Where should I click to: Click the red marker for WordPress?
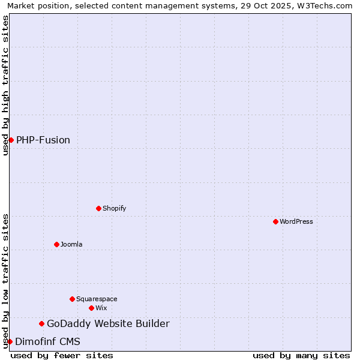point(275,221)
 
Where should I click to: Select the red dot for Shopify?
point(98,208)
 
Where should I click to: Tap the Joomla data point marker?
point(56,244)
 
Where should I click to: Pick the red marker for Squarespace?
point(72,299)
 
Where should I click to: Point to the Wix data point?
point(91,308)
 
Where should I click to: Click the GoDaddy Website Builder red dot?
point(41,324)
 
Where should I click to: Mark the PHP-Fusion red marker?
point(11,140)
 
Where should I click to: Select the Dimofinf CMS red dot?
point(10,341)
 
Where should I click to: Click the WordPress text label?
point(296,221)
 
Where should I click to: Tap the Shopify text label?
point(115,208)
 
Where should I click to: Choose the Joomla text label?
point(71,244)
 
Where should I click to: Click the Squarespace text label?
point(97,299)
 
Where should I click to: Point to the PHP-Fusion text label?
point(43,140)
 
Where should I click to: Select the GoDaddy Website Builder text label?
point(108,324)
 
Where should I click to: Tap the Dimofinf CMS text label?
point(47,341)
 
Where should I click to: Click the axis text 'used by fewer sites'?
point(62,355)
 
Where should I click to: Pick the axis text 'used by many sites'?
point(301,355)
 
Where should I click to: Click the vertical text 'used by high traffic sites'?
point(5,85)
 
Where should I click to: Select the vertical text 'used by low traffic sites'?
point(5,281)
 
